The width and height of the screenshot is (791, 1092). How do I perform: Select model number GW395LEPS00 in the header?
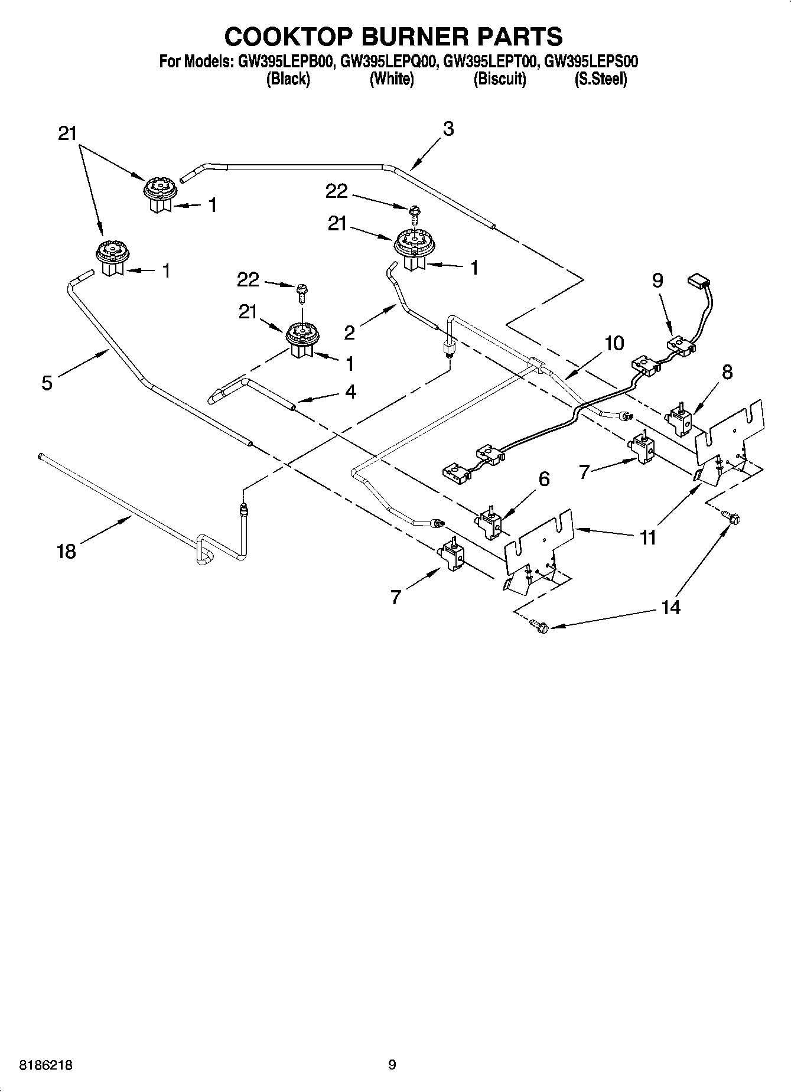(x=591, y=61)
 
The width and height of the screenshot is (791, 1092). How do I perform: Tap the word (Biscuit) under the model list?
(x=500, y=79)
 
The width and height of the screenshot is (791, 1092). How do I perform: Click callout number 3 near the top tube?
(x=448, y=129)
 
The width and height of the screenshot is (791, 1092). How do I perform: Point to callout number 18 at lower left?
(x=66, y=551)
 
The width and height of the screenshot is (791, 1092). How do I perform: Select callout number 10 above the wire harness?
(x=614, y=343)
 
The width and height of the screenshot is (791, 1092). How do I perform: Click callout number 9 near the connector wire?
(x=658, y=280)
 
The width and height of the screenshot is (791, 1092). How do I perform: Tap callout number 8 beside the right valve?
(x=727, y=372)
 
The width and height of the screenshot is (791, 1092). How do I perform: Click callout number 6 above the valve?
(x=543, y=478)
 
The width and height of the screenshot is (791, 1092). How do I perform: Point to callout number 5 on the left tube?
(x=47, y=383)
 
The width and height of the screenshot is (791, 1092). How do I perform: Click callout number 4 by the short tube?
(x=350, y=392)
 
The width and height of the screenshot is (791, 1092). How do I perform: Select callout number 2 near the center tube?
(x=350, y=333)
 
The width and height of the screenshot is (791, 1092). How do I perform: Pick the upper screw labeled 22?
(x=415, y=211)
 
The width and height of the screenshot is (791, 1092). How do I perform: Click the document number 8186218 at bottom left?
(x=47, y=1065)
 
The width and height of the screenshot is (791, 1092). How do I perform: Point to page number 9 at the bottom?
(x=392, y=1065)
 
